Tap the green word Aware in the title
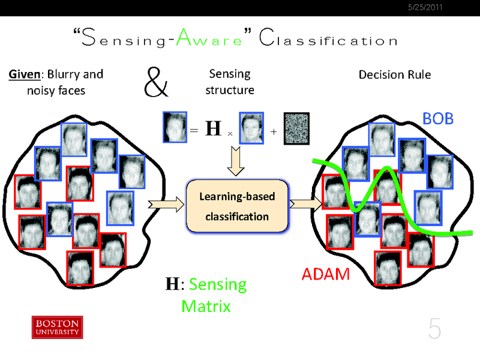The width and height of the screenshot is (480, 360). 212,41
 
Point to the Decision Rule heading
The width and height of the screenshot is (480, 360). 395,75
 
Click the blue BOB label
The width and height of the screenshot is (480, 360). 438,119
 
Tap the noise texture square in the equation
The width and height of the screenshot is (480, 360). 296,127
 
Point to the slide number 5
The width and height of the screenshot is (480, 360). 434,329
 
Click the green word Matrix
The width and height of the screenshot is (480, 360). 206,306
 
